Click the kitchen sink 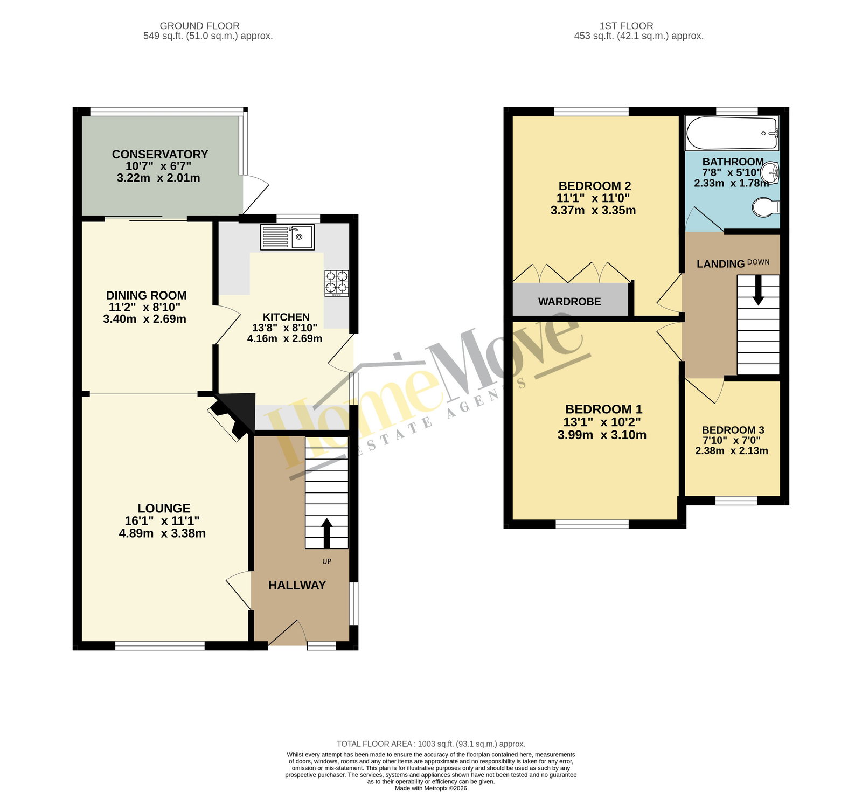tap(287, 237)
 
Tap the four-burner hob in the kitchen tap(336, 283)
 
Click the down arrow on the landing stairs tap(758, 290)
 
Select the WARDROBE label tap(569, 302)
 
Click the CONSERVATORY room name tap(159, 154)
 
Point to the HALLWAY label tap(297, 585)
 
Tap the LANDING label tap(720, 264)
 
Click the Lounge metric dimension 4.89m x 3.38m tap(162, 533)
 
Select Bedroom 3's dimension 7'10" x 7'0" tap(732, 440)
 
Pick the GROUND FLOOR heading tap(199, 26)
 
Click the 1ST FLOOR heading tap(626, 26)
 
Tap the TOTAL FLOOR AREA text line tap(431, 744)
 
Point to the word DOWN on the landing tap(758, 262)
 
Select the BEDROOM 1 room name tap(603, 409)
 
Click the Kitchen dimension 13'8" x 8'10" tap(284, 328)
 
